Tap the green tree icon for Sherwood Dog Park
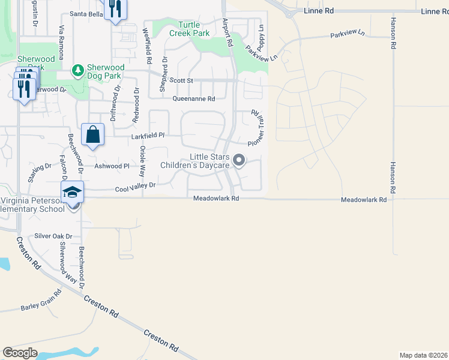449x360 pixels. pyautogui.click(x=77, y=71)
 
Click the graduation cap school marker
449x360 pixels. pyautogui.click(x=72, y=192)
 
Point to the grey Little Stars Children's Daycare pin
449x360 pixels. pyautogui.click(x=239, y=160)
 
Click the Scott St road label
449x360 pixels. pyautogui.click(x=181, y=80)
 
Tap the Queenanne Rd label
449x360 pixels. pyautogui.click(x=193, y=99)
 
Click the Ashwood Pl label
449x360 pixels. pyautogui.click(x=112, y=166)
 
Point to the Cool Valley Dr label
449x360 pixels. pyautogui.click(x=135, y=188)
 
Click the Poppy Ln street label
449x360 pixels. pyautogui.click(x=261, y=37)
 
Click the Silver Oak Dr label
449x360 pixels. pyautogui.click(x=53, y=236)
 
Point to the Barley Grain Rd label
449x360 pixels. pyautogui.click(x=41, y=302)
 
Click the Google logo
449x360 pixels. pyautogui.click(x=20, y=353)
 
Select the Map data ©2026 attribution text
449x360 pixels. pyautogui.click(x=423, y=355)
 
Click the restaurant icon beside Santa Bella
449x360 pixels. pyautogui.click(x=115, y=9)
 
